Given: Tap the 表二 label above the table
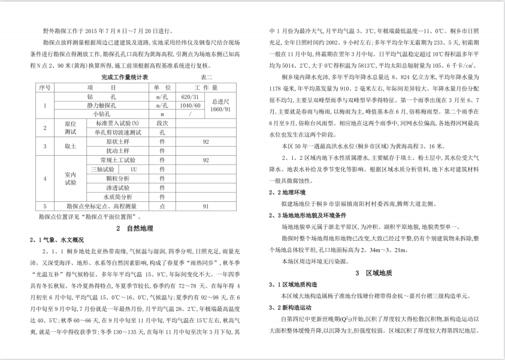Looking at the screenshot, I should click(x=206, y=77).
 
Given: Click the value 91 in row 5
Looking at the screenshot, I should click(x=205, y=205).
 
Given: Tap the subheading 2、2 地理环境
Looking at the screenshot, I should click(x=287, y=192).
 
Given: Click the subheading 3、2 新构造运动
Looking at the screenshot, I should click(x=289, y=307).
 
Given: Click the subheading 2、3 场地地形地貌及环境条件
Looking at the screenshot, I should click(x=308, y=215).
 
